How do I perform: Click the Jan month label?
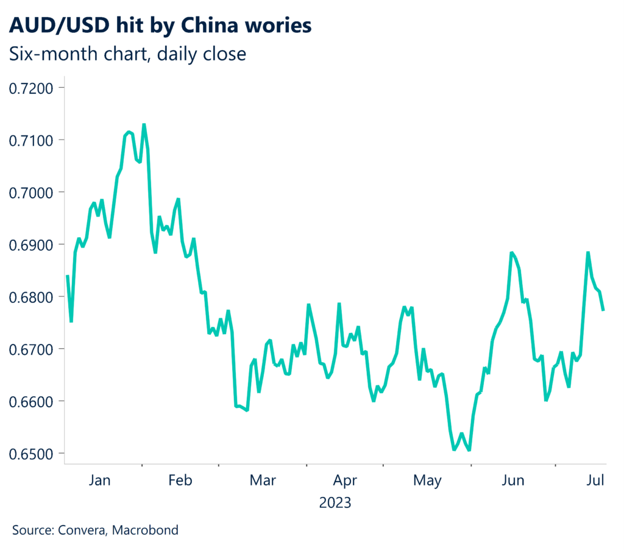(x=99, y=480)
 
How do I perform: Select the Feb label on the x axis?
(x=180, y=480)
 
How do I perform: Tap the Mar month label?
(x=262, y=480)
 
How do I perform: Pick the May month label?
(x=427, y=480)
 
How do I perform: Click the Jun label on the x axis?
(x=512, y=480)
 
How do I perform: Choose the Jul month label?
(x=595, y=480)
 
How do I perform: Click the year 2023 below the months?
(x=335, y=503)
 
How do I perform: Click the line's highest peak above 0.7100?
(x=144, y=125)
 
